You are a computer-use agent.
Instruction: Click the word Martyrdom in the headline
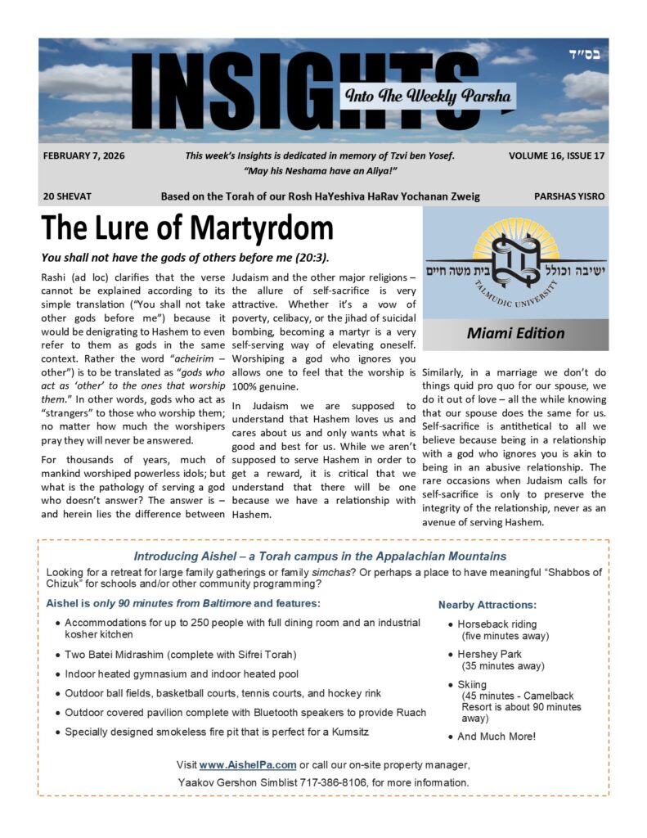point(259,228)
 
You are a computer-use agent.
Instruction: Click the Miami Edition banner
point(515,333)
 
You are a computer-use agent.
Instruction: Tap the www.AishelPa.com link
point(247,764)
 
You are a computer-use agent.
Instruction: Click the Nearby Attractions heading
point(487,605)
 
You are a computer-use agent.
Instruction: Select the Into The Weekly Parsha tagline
point(429,95)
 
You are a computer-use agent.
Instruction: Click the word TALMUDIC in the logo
point(492,299)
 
